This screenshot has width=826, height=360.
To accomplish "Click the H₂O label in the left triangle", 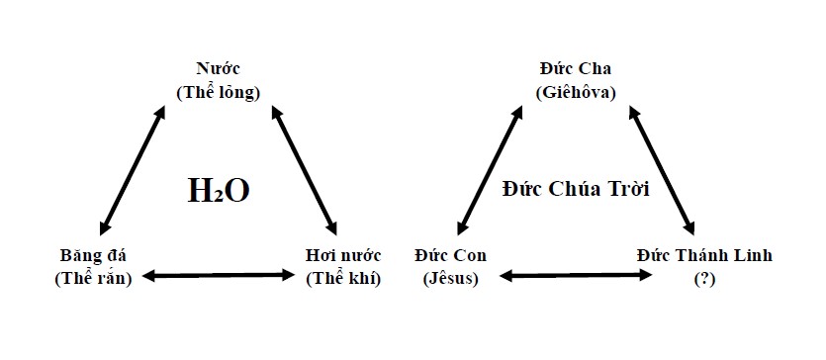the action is pyautogui.click(x=218, y=189).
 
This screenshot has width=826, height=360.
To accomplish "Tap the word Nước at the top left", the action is pyautogui.click(x=218, y=69).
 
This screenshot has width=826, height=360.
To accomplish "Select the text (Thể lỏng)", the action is pyautogui.click(x=218, y=93).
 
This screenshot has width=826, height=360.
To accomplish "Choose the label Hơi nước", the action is pyautogui.click(x=343, y=255).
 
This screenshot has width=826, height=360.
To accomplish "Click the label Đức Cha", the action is pyautogui.click(x=576, y=69).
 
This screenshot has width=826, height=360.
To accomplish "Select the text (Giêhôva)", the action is pyautogui.click(x=576, y=93).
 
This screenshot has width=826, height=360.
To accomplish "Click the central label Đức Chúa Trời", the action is pyautogui.click(x=576, y=189).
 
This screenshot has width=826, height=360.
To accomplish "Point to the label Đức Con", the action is pyautogui.click(x=450, y=255).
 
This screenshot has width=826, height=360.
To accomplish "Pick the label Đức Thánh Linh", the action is pyautogui.click(x=703, y=255).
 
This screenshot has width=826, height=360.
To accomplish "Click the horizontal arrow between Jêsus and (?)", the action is pyautogui.click(x=576, y=274).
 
